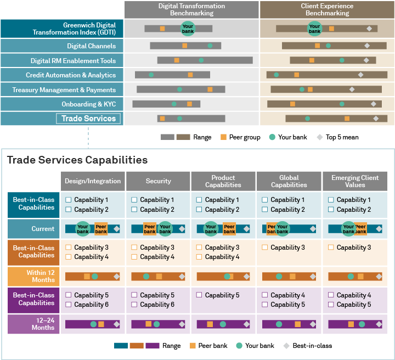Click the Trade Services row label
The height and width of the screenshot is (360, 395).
point(88,119)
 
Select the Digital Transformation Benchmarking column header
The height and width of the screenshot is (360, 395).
point(191,9)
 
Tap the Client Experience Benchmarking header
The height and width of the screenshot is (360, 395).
point(327,9)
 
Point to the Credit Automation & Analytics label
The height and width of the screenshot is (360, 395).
point(71,75)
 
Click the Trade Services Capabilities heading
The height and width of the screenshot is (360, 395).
point(77,160)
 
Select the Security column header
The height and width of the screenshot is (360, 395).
point(159,181)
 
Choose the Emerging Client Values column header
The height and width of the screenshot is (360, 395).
point(355,181)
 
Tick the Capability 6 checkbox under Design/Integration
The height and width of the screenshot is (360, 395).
point(69,305)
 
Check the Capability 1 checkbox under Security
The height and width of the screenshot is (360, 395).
point(134,200)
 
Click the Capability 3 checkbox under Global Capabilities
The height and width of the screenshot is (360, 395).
point(266,248)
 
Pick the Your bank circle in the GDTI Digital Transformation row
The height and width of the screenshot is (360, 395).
point(188,29)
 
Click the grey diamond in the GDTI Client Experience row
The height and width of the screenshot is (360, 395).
point(369,29)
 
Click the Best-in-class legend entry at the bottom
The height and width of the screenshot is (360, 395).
point(307,346)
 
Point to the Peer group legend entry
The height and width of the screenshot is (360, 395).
point(240,137)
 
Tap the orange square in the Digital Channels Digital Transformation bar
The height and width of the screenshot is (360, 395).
point(185,46)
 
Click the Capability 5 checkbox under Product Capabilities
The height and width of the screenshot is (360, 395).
point(200,295)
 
